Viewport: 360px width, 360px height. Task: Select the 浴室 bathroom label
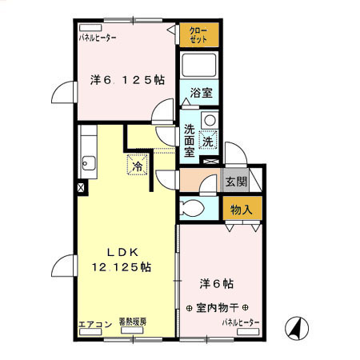202,94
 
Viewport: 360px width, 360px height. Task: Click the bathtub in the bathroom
200,66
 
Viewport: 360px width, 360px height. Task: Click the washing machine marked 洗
207,141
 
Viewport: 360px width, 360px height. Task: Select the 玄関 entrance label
235,182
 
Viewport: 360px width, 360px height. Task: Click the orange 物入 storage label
242,210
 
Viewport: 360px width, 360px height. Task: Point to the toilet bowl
192,209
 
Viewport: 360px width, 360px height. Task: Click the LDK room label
123,252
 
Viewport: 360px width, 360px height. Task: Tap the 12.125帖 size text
122,266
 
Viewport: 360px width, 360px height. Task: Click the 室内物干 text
216,308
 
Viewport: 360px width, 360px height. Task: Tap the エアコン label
94,323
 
